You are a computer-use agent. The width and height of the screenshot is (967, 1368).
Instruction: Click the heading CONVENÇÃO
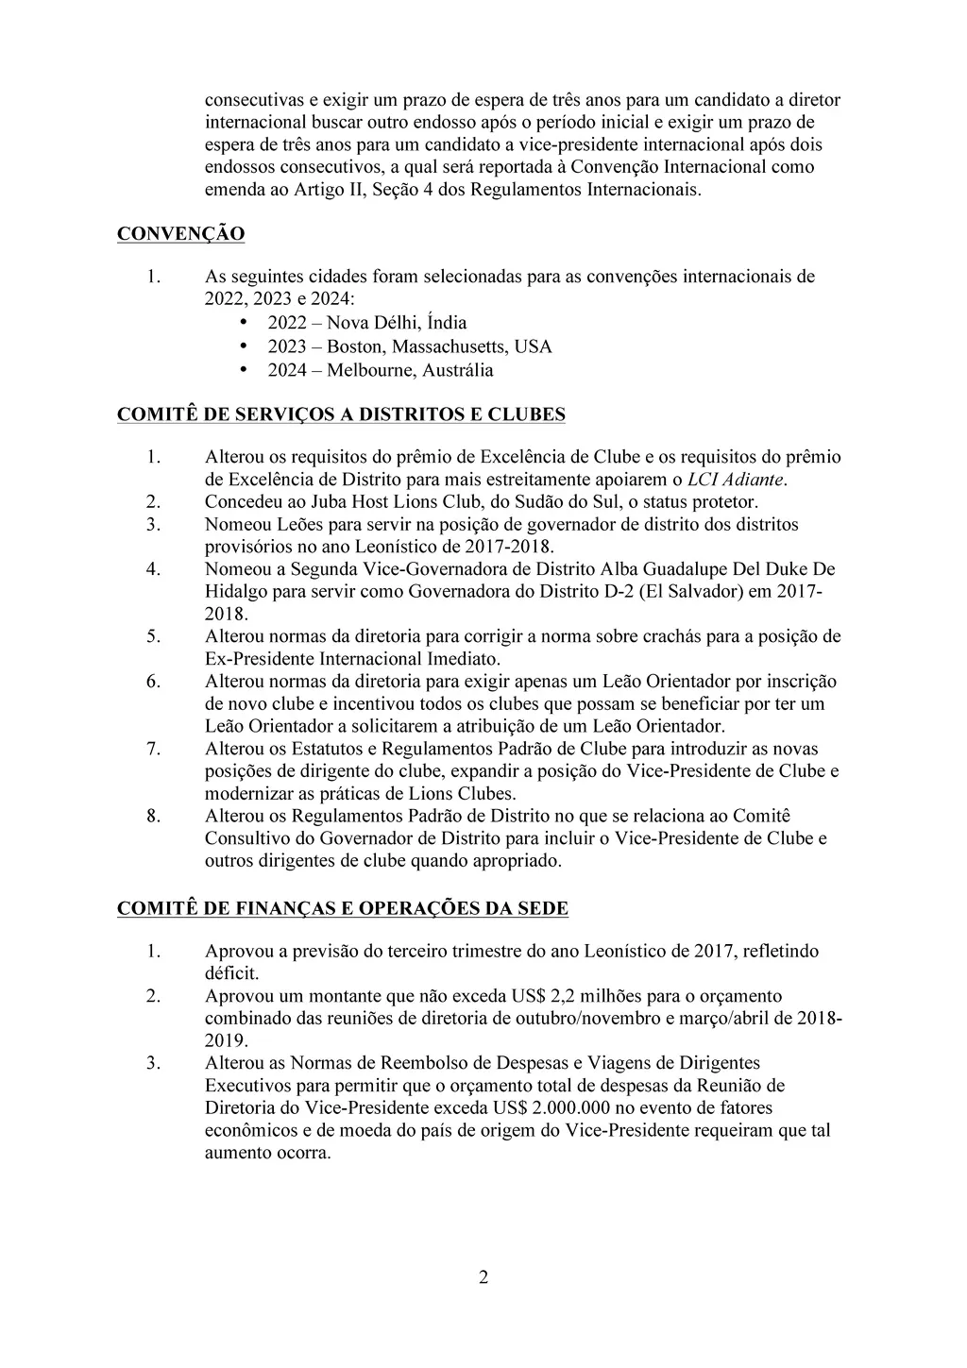point(180,234)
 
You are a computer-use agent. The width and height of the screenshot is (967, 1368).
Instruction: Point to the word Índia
point(446,323)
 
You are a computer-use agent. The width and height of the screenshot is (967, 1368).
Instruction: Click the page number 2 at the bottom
point(483,1278)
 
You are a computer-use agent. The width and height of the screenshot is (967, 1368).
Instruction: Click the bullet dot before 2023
point(246,346)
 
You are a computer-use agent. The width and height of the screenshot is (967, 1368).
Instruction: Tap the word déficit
point(232,973)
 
